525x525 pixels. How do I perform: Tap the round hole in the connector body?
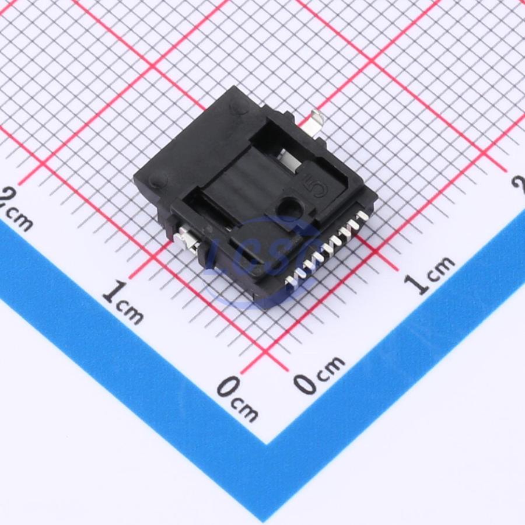287,205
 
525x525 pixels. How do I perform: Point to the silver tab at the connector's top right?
316,124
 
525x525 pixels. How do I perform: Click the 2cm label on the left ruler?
17,208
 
